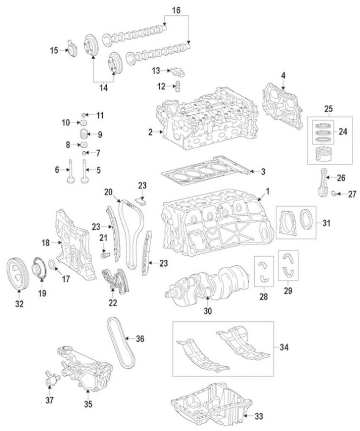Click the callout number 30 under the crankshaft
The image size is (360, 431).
pyautogui.click(x=208, y=311)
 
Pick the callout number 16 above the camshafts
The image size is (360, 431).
pyautogui.click(x=177, y=8)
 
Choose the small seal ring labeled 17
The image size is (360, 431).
pyautogui.click(x=52, y=265)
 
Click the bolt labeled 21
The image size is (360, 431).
pyautogui.click(x=106, y=255)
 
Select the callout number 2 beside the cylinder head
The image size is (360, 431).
pyautogui.click(x=150, y=132)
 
